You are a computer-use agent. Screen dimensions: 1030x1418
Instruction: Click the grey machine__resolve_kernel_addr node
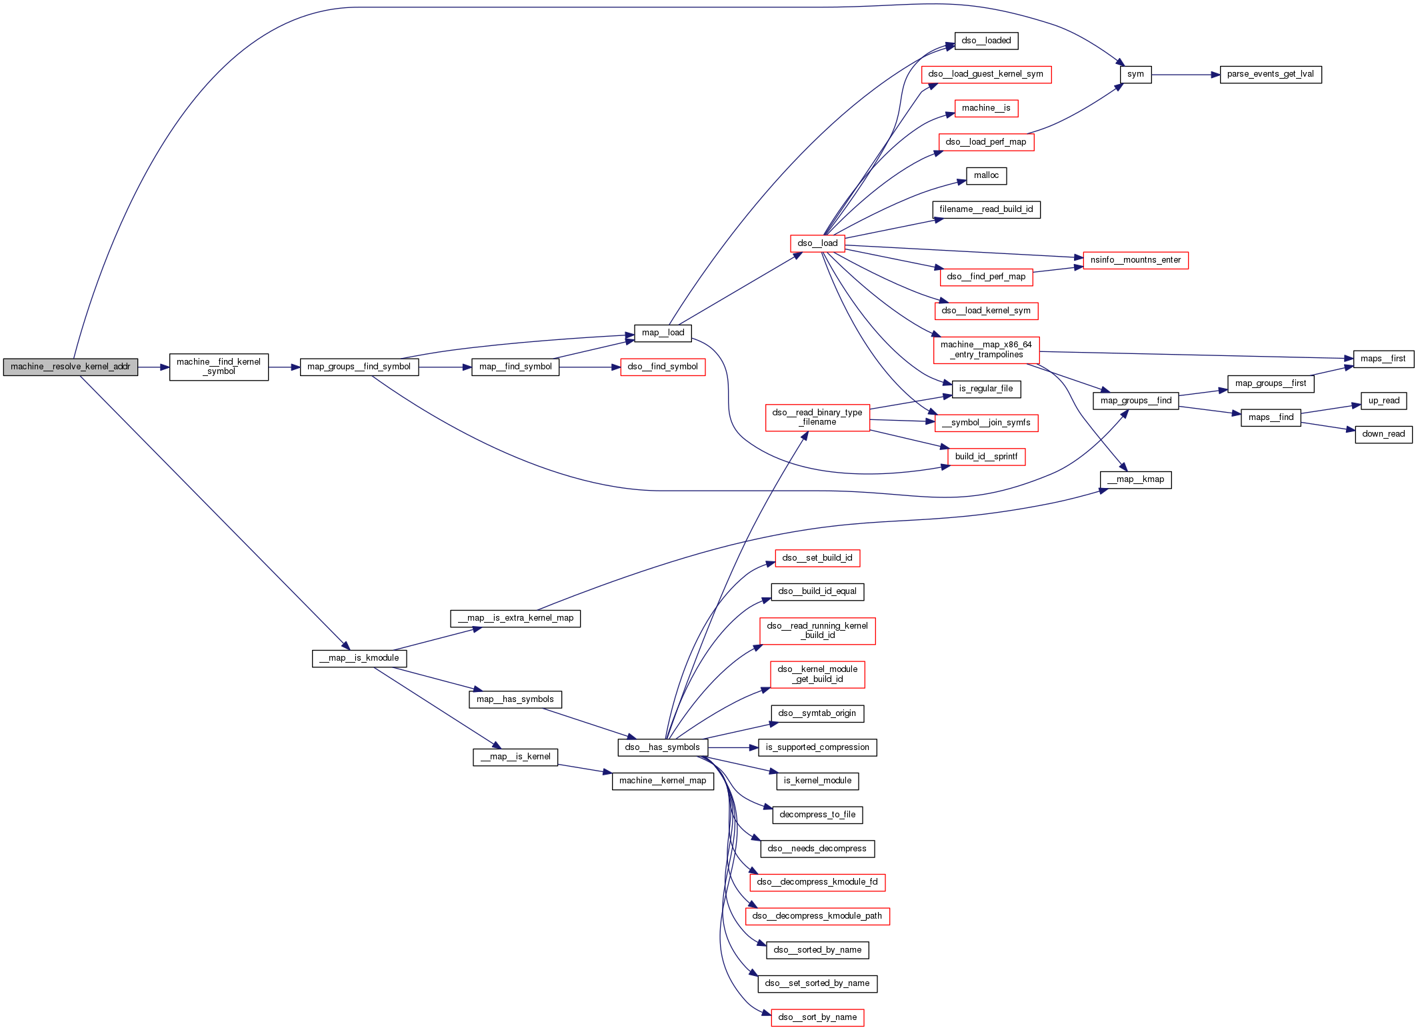(x=71, y=367)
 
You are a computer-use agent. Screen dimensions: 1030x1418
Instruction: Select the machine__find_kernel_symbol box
(x=219, y=367)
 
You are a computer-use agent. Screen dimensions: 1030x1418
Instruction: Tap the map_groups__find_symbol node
(x=359, y=367)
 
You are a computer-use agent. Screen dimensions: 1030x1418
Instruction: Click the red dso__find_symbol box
(x=663, y=367)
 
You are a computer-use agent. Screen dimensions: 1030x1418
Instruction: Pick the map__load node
(x=663, y=333)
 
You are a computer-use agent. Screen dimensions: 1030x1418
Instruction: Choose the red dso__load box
(x=817, y=243)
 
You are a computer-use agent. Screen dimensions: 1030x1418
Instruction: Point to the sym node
(x=1135, y=75)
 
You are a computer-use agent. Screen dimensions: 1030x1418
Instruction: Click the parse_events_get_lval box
(x=1270, y=75)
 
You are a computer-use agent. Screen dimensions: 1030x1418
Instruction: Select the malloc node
(x=986, y=176)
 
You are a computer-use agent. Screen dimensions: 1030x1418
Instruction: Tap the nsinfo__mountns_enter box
(x=1135, y=261)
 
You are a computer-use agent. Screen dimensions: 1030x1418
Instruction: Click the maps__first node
(x=1384, y=359)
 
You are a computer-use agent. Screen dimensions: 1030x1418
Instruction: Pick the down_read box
(x=1383, y=435)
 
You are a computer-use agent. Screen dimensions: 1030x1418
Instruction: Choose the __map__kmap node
(x=1135, y=480)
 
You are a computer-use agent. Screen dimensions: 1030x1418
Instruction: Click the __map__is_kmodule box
(x=359, y=659)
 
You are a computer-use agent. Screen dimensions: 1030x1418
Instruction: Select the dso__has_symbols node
(x=663, y=748)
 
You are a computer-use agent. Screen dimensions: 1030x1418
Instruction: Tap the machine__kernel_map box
(x=663, y=781)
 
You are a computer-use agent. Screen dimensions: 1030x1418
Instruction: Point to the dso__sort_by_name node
(x=817, y=1018)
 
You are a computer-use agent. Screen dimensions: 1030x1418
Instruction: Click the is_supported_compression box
(x=817, y=748)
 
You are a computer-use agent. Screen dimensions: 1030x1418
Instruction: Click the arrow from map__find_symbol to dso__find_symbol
(x=589, y=367)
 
